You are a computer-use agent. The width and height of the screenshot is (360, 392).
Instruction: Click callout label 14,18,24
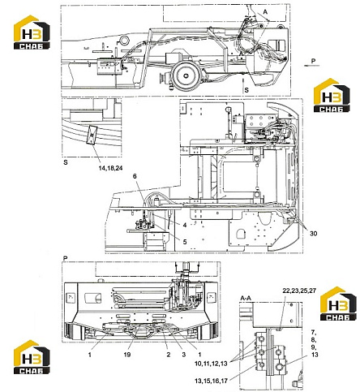coord(110,168)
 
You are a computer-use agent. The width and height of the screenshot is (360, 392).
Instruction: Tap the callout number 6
coord(135,176)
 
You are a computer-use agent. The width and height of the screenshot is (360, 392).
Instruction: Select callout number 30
coord(313,233)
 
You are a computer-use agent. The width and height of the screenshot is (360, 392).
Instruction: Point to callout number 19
coord(127,355)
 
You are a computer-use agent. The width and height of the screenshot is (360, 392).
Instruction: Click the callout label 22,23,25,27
coord(299,291)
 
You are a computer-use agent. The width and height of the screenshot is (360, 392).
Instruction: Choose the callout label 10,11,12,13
coord(211,364)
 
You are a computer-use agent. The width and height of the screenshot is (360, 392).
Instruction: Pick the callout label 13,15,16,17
coord(211,381)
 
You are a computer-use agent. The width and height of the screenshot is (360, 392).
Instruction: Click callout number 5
coord(185,242)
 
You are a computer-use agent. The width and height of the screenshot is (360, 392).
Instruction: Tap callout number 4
coord(185,225)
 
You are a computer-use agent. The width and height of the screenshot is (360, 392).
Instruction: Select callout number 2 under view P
coord(169,355)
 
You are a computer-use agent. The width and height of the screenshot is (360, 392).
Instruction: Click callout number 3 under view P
coord(184,355)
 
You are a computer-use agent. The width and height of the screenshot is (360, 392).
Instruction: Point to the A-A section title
coord(246,298)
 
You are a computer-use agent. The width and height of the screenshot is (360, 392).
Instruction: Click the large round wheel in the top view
coord(186,75)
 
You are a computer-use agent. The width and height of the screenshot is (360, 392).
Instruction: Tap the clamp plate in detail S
coord(92,135)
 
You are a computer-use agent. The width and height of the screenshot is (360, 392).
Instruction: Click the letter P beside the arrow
coord(313,61)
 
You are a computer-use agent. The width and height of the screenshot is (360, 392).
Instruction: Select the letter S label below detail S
coord(66,163)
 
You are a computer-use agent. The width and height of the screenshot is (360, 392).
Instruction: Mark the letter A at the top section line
coord(265,12)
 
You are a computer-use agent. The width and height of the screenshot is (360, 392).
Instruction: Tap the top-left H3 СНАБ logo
coord(32,32)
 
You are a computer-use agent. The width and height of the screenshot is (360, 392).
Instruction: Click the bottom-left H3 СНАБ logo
coord(32,357)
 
